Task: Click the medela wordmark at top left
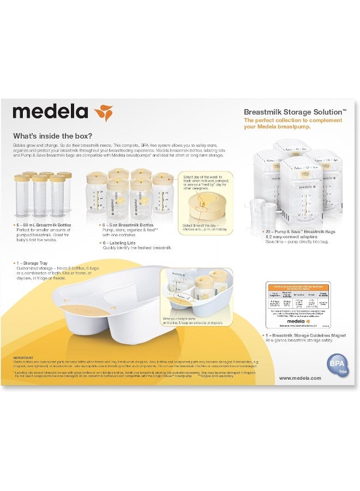[x=50, y=112]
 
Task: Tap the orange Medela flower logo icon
[x=103, y=112]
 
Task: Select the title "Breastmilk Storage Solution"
[x=292, y=111]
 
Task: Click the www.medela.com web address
[x=300, y=378]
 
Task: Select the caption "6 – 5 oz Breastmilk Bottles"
[x=129, y=225]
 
